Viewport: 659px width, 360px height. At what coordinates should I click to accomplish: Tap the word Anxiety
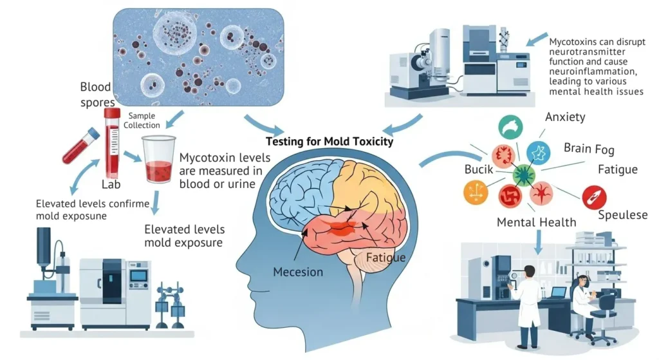point(565,117)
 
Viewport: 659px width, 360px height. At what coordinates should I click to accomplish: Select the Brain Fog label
point(589,148)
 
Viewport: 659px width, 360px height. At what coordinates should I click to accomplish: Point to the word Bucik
point(479,170)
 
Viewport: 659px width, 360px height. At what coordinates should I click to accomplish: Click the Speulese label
point(622,215)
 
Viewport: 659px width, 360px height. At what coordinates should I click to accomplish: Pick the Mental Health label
point(536,223)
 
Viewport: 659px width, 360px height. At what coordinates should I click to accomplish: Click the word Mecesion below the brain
point(298,271)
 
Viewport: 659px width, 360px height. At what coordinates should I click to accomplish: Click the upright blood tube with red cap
point(113,142)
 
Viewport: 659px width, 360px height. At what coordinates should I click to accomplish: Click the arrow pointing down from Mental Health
point(539,242)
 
